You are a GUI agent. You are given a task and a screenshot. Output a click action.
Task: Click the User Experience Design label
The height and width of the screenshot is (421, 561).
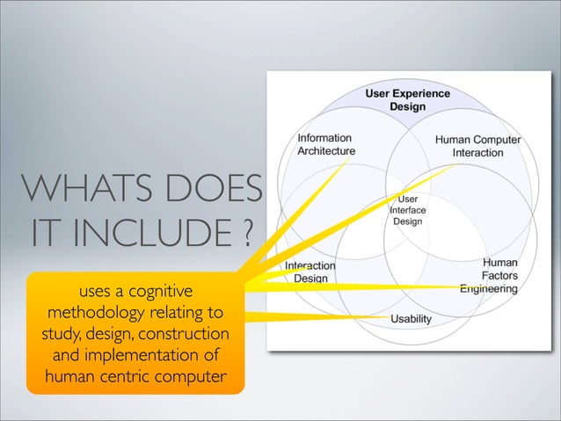click(407, 100)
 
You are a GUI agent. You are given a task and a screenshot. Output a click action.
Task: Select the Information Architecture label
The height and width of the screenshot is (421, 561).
click(326, 145)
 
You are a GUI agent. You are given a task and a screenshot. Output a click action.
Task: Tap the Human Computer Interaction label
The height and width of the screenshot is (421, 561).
click(477, 146)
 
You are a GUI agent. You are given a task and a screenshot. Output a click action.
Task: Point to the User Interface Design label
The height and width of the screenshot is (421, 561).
click(406, 211)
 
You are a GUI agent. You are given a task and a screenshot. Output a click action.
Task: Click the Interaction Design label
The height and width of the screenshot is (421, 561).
click(310, 272)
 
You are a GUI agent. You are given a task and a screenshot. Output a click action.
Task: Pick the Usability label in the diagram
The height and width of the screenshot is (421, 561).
click(410, 318)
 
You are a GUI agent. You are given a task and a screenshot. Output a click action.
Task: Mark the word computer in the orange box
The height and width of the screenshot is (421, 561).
click(187, 380)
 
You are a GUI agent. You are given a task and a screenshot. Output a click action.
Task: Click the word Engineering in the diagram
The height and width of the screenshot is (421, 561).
click(487, 288)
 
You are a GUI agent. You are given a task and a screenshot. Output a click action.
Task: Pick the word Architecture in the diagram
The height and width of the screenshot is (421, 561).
click(326, 152)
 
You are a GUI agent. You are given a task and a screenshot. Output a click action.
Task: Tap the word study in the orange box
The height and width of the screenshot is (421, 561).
click(57, 336)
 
